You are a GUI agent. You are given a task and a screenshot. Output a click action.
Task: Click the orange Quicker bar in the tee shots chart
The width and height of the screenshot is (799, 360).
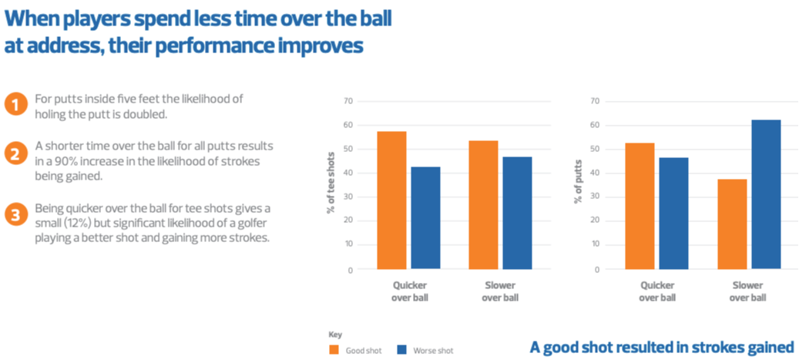pyautogui.click(x=393, y=200)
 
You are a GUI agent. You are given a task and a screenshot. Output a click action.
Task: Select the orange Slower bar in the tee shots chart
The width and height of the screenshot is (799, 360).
pyautogui.click(x=483, y=205)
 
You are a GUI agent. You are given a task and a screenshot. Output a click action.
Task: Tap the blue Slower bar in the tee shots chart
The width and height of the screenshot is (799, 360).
pyautogui.click(x=516, y=214)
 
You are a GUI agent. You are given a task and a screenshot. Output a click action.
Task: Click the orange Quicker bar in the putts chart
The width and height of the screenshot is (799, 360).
pyautogui.click(x=639, y=206)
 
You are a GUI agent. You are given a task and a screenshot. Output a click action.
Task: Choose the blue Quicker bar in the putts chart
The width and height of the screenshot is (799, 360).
pyautogui.click(x=673, y=214)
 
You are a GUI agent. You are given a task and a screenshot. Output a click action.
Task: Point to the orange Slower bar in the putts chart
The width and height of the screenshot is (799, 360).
pyautogui.click(x=732, y=224)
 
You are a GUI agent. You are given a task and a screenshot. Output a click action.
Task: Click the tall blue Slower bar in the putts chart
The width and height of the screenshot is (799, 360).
pyautogui.click(x=766, y=194)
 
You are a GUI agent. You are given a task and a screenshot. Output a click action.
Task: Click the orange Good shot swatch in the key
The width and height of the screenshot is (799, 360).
pyautogui.click(x=334, y=349)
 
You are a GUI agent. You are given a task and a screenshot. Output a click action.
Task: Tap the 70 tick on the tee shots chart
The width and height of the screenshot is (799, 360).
pyautogui.click(x=348, y=101)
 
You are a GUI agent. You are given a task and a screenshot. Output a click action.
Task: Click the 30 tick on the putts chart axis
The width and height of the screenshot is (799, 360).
pyautogui.click(x=594, y=197)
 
